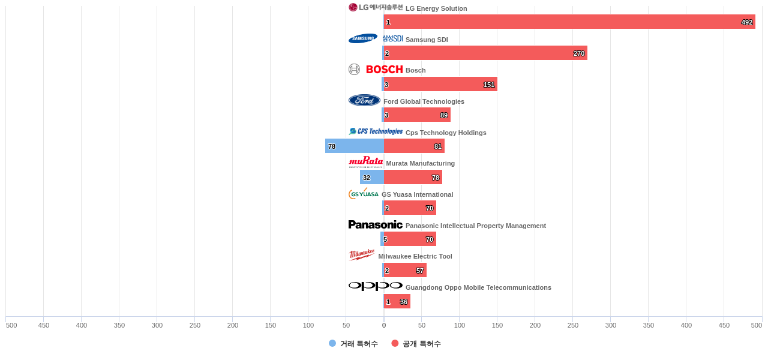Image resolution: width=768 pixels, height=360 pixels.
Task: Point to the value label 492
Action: tap(746, 22)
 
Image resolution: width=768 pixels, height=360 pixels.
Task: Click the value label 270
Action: tap(578, 53)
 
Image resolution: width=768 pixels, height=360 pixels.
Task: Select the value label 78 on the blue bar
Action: tap(332, 146)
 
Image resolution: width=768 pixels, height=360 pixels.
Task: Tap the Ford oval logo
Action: tap(364, 100)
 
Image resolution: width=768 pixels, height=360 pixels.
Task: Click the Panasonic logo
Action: tap(375, 224)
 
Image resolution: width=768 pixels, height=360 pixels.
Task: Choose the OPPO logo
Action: tap(375, 286)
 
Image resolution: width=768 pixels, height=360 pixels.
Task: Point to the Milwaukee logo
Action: tap(362, 255)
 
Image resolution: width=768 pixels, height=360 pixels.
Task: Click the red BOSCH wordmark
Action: tap(384, 70)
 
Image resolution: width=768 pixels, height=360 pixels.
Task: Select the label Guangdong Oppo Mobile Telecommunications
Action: tap(478, 287)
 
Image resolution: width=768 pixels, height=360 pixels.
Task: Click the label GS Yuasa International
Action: tap(417, 194)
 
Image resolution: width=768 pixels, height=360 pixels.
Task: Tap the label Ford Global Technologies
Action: tap(424, 101)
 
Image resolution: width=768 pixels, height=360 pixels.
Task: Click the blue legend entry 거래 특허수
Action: tap(353, 344)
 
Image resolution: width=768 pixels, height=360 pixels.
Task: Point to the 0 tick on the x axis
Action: tap(384, 325)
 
